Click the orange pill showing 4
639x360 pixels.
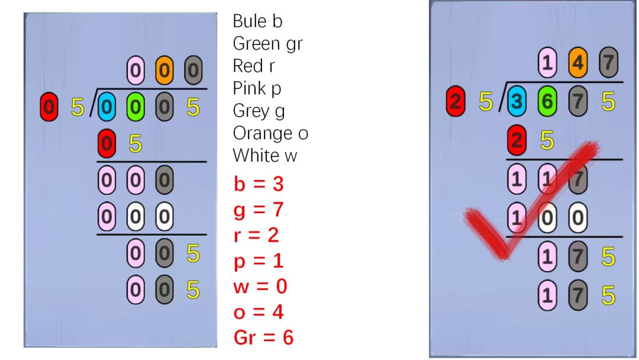[x=577, y=62]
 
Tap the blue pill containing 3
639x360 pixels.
[x=517, y=101]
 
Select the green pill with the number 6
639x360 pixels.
[x=547, y=101]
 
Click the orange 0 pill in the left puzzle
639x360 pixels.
[x=164, y=70]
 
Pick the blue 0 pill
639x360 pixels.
[x=106, y=107]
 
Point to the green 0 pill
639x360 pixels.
[x=135, y=107]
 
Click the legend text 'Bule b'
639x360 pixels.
[x=257, y=21]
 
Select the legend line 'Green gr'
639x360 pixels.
[x=267, y=44]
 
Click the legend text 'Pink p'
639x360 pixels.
[x=257, y=88]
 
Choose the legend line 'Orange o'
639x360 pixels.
[x=270, y=133]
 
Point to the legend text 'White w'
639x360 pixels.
[x=265, y=155]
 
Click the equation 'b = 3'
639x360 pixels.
[x=259, y=184]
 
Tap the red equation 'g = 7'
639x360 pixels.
[x=259, y=210]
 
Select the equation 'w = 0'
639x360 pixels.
[x=260, y=286]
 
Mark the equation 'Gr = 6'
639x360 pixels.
[x=263, y=337]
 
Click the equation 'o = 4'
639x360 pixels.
[x=259, y=312]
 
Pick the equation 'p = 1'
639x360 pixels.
[x=259, y=261]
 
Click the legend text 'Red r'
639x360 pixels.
[x=253, y=66]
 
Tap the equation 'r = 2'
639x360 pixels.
[x=256, y=235]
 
